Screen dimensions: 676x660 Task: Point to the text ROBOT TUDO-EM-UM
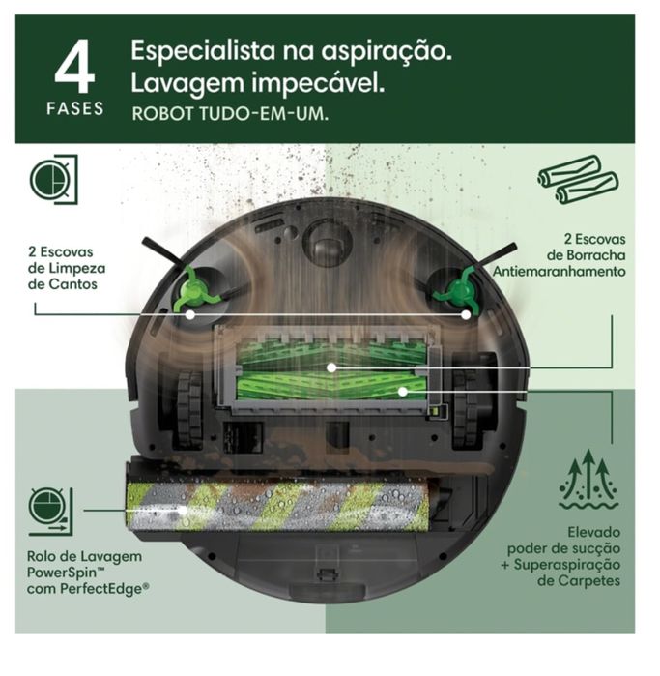[230, 114]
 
